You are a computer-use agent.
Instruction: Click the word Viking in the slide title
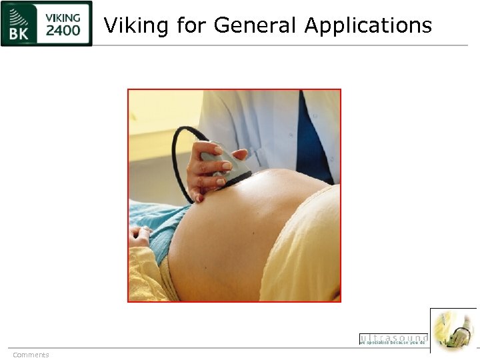tap(137, 25)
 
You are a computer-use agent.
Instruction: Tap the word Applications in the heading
tap(368, 27)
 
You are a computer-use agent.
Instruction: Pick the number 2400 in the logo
tap(64, 31)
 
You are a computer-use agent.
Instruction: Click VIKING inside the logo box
tap(64, 17)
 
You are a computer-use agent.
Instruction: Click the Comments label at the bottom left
tap(31, 355)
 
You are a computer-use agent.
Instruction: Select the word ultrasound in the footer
tap(393, 337)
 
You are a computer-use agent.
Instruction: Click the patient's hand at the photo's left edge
tap(142, 235)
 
